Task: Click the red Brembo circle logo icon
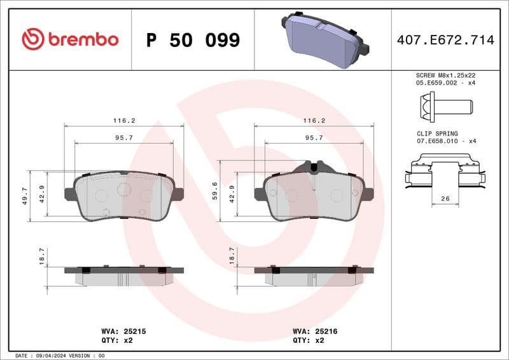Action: point(33,39)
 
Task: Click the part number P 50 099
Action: point(193,40)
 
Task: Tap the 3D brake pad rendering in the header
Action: point(324,40)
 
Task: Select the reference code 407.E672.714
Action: point(445,40)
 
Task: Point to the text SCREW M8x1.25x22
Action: point(445,75)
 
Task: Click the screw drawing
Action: point(445,104)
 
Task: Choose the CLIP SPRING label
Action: point(437,134)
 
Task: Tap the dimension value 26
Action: point(445,199)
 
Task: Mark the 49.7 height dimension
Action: point(24,196)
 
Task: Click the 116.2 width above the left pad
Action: point(124,120)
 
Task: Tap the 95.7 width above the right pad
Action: point(314,137)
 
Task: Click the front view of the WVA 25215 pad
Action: point(124,196)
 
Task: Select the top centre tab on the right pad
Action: point(314,167)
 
